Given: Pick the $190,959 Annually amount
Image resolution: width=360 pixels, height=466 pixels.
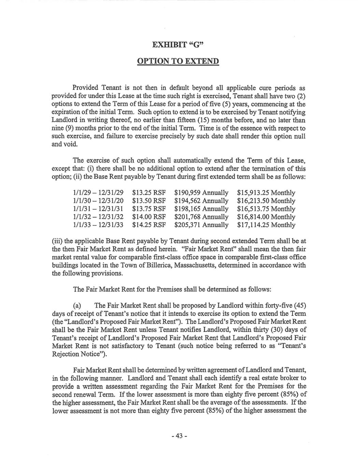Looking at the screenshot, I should (x=201, y=193).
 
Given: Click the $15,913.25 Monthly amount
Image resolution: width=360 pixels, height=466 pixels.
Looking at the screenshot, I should (x=266, y=193).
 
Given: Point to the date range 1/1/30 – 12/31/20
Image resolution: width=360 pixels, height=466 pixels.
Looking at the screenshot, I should (x=98, y=201).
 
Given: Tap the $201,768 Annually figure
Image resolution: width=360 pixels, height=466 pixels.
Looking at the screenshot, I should (x=201, y=217).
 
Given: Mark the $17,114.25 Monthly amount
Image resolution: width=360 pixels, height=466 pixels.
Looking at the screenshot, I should (x=266, y=225).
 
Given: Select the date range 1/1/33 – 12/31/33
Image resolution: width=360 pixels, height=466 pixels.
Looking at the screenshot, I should (x=98, y=225).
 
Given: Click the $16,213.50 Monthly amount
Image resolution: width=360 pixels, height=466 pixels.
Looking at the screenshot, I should (x=266, y=201).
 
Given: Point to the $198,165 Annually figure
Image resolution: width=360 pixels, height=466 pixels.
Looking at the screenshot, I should (x=201, y=209).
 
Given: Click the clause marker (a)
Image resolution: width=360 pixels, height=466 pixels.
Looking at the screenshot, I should (x=77, y=305).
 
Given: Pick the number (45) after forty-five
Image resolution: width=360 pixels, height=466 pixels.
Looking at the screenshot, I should (x=299, y=305).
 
